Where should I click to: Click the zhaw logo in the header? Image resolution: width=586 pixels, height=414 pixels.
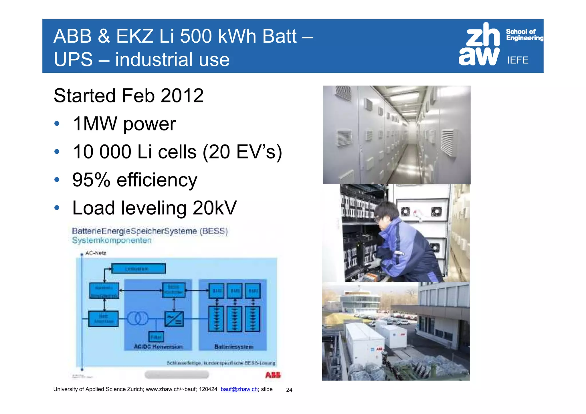click(x=479, y=45)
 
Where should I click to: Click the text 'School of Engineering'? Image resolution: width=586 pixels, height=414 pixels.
click(x=524, y=35)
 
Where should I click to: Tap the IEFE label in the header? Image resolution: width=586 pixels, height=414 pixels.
click(x=518, y=60)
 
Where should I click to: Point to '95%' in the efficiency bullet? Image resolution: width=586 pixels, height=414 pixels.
click(x=91, y=180)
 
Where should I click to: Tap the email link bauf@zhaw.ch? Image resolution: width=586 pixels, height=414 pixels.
click(x=239, y=389)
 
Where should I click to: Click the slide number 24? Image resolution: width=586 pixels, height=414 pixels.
click(x=289, y=390)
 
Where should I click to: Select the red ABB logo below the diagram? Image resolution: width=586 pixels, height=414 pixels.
click(x=273, y=375)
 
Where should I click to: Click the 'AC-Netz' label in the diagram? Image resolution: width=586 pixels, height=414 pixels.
click(x=96, y=253)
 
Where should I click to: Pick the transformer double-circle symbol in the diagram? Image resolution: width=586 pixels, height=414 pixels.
click(x=137, y=318)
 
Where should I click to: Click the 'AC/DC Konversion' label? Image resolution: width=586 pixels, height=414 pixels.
click(x=158, y=347)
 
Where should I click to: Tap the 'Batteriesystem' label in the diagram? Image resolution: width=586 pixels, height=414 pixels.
click(x=234, y=347)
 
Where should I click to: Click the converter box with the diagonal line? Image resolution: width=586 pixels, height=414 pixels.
click(x=174, y=319)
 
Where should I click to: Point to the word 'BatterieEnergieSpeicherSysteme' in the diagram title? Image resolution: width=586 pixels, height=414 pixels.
click(x=134, y=231)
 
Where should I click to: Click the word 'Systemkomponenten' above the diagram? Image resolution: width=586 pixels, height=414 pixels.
click(x=112, y=240)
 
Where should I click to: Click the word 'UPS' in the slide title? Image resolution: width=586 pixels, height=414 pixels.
click(x=73, y=60)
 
